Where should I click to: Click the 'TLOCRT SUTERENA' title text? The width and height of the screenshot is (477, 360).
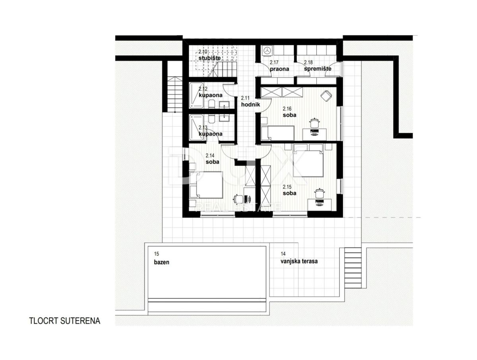[x=64, y=321]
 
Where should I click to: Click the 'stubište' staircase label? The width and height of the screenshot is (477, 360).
[x=209, y=58]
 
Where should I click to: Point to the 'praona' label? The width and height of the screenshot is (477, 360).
[x=279, y=69]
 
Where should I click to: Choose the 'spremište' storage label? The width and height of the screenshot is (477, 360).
[x=318, y=69]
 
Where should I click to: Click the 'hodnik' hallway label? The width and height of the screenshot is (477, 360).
[x=250, y=105]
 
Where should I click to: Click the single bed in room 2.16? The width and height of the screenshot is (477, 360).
[x=277, y=133]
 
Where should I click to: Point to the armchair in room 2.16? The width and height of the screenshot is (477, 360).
[x=326, y=96]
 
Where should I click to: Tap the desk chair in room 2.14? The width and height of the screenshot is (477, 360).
[x=238, y=199]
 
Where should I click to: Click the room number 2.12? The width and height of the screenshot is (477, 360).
[x=203, y=89]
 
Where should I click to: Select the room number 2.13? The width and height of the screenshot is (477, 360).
[x=203, y=128]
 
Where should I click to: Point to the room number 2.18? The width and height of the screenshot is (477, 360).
[x=308, y=62]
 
